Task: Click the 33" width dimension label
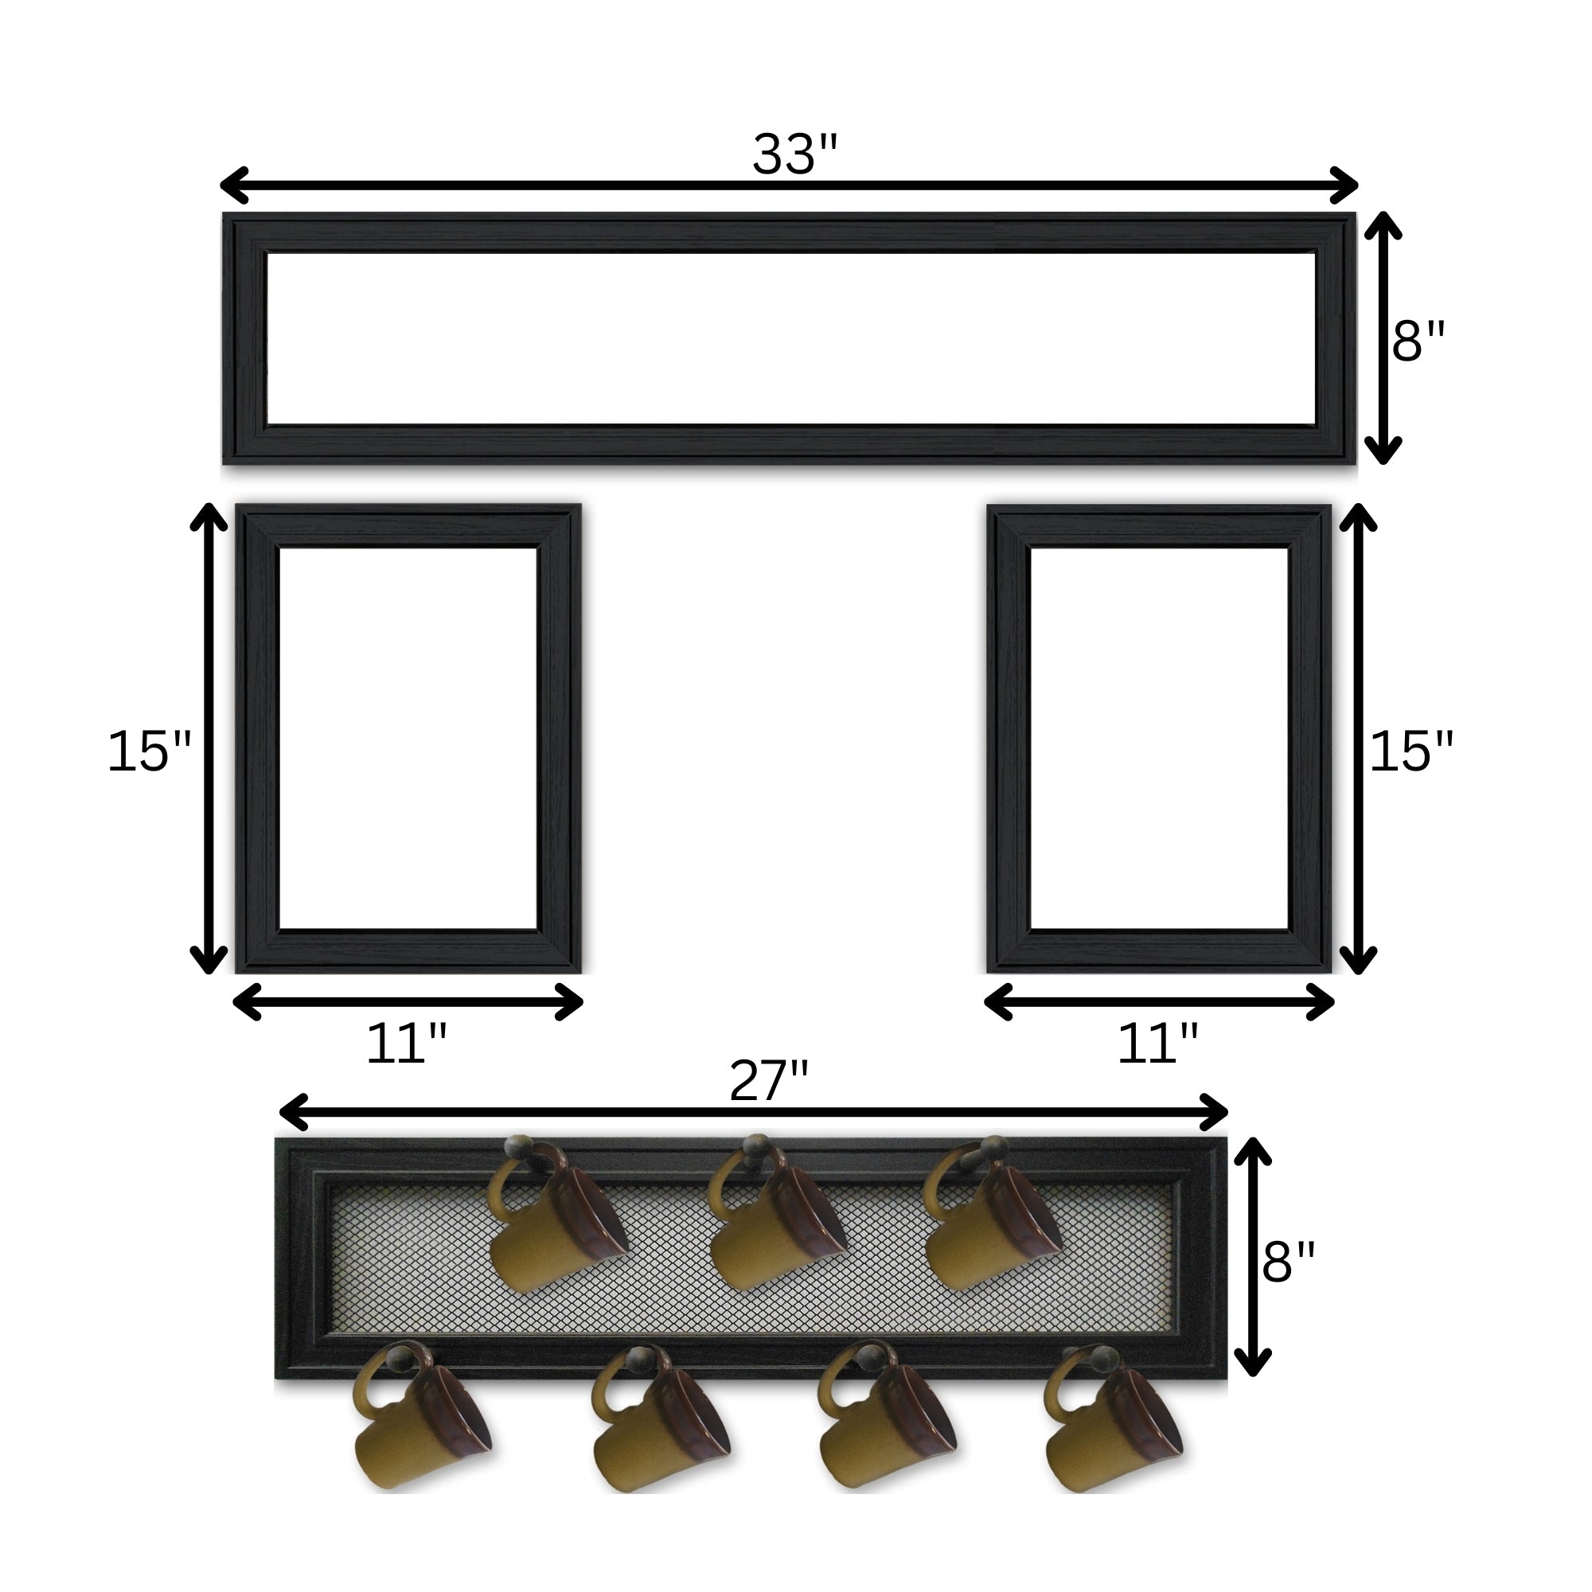(794, 154)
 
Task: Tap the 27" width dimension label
(769, 1081)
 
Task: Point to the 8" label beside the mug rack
(1289, 1262)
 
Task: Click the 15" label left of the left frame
(149, 751)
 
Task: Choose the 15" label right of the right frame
(1411, 751)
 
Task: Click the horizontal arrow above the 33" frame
(789, 185)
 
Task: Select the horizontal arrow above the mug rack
(753, 1113)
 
